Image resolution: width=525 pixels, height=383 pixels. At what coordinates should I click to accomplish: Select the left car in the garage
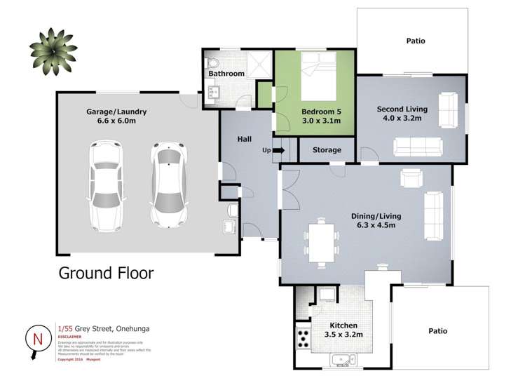[105, 186]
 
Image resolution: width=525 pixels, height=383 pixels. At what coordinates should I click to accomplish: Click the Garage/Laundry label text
[116, 112]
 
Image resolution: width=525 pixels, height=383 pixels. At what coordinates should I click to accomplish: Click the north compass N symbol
[36, 339]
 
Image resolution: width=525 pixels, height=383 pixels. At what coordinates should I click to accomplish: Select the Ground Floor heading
[105, 273]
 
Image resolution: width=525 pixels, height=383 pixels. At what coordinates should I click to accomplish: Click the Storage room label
[327, 150]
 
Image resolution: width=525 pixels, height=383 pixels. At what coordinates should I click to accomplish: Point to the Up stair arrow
[279, 150]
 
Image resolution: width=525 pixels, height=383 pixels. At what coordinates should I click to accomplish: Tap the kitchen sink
[343, 362]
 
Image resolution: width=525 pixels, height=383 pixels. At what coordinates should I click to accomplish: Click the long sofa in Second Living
[417, 147]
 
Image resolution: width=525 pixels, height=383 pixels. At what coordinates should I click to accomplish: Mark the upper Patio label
[415, 41]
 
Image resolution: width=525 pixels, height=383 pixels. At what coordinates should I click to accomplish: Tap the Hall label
[245, 140]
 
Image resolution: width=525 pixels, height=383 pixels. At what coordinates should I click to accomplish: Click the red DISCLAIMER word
[70, 336]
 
